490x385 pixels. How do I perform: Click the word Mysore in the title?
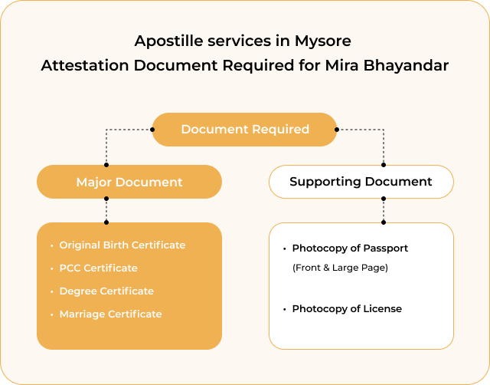[x=323, y=41]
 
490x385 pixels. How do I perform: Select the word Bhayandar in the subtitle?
[x=406, y=66]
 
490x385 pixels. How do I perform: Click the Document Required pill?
[x=244, y=130]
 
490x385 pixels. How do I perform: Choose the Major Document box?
[x=129, y=182]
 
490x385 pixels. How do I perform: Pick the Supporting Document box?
[x=361, y=182]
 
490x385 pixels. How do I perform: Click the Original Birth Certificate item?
[x=122, y=245]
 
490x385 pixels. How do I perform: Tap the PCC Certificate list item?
[x=99, y=268]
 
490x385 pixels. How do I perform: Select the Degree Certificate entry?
[x=106, y=291]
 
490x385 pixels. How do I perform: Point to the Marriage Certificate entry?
[x=110, y=314]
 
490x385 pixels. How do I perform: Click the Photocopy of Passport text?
[x=350, y=248]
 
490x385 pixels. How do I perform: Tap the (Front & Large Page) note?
[x=340, y=268]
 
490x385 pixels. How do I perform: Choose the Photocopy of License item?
[x=347, y=309]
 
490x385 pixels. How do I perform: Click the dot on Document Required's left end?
[x=152, y=130]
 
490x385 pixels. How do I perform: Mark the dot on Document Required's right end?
[x=337, y=130]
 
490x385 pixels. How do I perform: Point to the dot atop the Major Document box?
[x=106, y=165]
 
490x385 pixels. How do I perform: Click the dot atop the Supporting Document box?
[x=384, y=165]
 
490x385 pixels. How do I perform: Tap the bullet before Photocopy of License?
[x=284, y=309]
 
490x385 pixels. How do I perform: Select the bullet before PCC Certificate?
[x=51, y=268]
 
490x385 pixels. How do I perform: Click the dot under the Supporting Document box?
[x=384, y=199]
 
